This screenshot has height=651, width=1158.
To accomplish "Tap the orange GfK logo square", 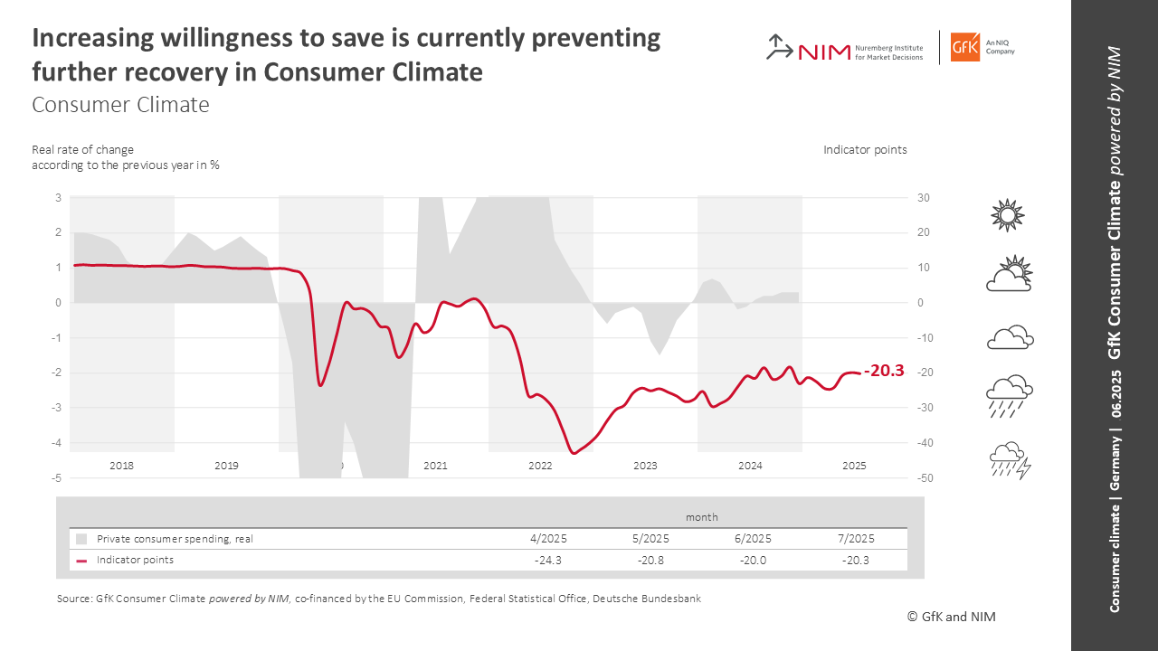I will (965, 47).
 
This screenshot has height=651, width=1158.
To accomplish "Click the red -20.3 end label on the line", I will (885, 371).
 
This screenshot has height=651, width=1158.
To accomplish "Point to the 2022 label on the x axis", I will (540, 466).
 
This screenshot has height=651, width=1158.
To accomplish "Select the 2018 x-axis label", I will (121, 466).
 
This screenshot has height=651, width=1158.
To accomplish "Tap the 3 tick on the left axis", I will (58, 198).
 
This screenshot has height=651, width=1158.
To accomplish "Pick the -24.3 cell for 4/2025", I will (548, 560).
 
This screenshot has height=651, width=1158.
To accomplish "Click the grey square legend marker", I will (81, 539).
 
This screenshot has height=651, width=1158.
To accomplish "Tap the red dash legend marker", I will (81, 561).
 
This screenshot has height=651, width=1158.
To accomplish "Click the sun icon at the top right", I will (1008, 215).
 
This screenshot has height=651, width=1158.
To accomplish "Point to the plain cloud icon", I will (1010, 337).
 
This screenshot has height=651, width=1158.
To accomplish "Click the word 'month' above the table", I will (701, 517).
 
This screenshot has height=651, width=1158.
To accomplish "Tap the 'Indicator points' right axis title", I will (865, 150).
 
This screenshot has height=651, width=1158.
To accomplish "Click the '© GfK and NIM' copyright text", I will (951, 617).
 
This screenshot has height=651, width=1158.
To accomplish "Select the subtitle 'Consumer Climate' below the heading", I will (120, 105).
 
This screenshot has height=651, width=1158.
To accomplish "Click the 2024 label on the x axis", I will (750, 466).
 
